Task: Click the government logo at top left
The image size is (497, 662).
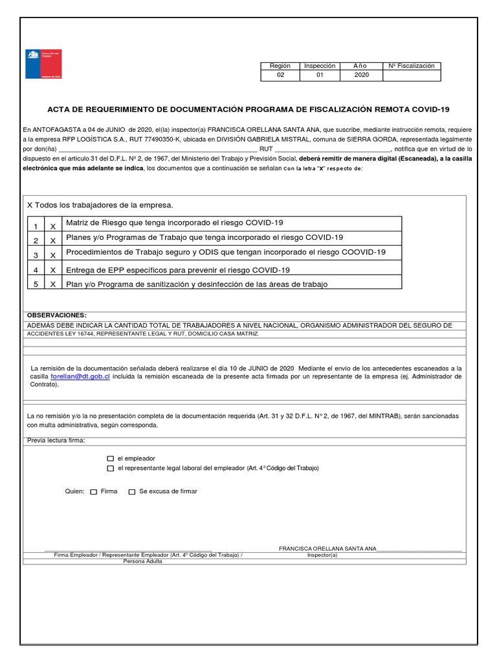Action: pyautogui.click(x=43, y=64)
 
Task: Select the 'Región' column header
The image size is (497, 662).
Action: pyautogui.click(x=280, y=66)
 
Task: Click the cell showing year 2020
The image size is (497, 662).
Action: pyautogui.click(x=361, y=76)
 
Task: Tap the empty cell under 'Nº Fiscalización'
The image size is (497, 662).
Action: pyautogui.click(x=412, y=76)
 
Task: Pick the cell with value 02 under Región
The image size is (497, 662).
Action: pyautogui.click(x=280, y=76)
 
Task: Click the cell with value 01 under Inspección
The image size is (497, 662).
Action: pyautogui.click(x=319, y=76)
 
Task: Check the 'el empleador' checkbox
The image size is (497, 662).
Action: pyautogui.click(x=110, y=458)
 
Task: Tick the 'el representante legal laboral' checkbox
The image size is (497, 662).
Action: pyautogui.click(x=110, y=468)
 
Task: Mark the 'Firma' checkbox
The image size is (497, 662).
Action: pyautogui.click(x=94, y=492)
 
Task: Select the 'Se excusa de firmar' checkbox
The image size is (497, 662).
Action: pyautogui.click(x=132, y=492)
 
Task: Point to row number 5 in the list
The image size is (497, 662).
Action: pyautogui.click(x=36, y=284)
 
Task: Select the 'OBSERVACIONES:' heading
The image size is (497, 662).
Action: pyautogui.click(x=56, y=315)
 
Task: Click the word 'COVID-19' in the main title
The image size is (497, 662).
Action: pyautogui.click(x=428, y=109)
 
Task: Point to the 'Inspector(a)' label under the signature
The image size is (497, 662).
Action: pyautogui.click(x=322, y=555)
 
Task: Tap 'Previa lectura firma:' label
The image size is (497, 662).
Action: pyautogui.click(x=56, y=441)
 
